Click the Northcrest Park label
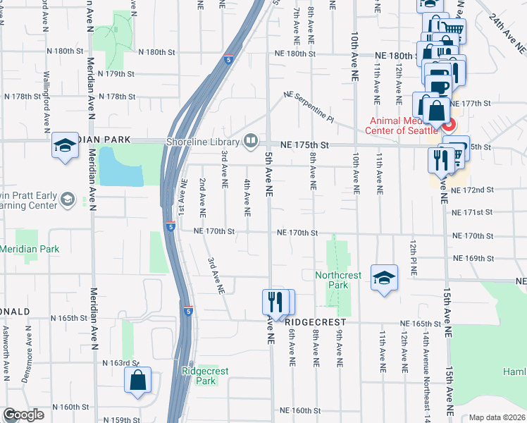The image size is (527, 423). point(332,280)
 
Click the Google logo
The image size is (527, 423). point(23,415)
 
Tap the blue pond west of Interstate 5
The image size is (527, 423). point(120,166)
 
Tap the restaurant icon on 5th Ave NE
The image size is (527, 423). point(275,302)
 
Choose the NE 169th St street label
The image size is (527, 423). point(473,258)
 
